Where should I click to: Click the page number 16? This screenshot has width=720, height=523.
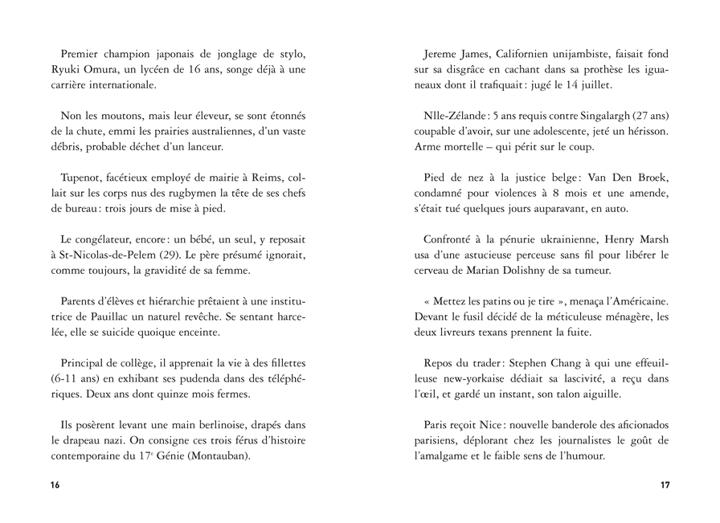pos(55,485)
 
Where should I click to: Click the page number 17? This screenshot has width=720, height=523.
pos(665,485)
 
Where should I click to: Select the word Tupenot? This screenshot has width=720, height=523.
pos(83,178)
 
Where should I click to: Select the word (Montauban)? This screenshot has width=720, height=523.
pos(220,456)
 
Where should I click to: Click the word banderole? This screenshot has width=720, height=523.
pos(576,424)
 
